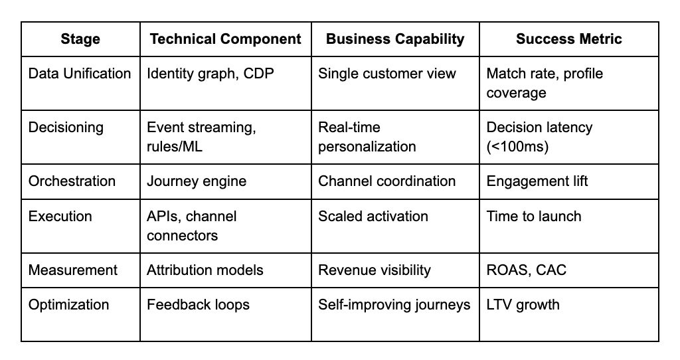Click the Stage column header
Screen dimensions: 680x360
tap(80, 39)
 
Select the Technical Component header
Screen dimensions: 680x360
tap(225, 39)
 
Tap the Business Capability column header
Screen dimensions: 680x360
tap(394, 39)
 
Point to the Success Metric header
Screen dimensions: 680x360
tap(568, 39)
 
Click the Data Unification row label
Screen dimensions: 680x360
tap(80, 74)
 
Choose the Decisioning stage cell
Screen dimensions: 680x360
tap(66, 128)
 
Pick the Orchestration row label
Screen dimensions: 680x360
tap(72, 181)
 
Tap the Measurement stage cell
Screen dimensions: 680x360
tap(73, 270)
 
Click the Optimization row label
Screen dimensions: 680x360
tap(68, 305)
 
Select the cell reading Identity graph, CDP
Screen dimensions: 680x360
tap(210, 74)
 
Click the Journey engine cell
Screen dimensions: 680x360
tap(197, 181)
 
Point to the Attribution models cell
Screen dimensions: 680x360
tap(205, 270)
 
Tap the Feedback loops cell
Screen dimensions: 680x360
tap(198, 305)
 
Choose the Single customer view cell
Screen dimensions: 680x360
tap(387, 74)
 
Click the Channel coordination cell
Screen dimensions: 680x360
tap(387, 181)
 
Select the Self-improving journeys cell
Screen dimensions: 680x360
tap(394, 305)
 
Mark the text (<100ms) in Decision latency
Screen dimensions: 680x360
tap(517, 146)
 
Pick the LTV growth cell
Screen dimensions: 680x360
tap(523, 305)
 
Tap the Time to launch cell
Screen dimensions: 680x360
tap(534, 217)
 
